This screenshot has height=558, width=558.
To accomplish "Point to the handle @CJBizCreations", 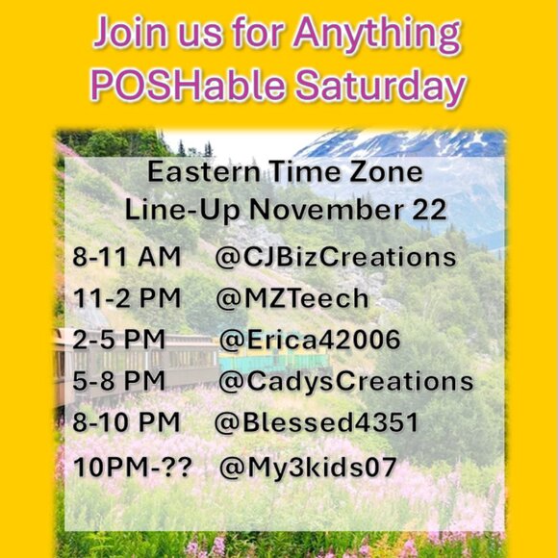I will click(337, 258).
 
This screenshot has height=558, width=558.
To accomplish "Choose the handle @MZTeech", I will click(292, 298).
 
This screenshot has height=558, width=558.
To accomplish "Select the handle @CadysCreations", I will click(345, 381).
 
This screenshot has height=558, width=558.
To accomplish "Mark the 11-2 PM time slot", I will click(126, 298).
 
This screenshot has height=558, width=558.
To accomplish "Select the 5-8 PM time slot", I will click(118, 381).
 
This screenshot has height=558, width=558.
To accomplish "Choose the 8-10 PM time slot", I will click(126, 423).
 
